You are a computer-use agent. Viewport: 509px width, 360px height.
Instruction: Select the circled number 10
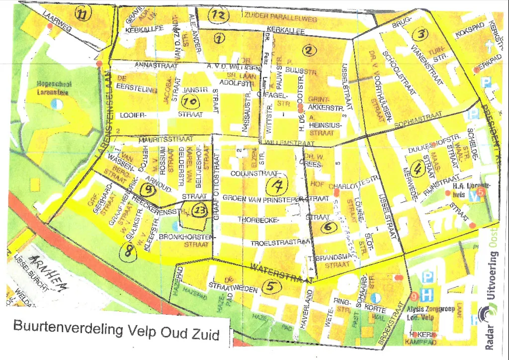point(191,102)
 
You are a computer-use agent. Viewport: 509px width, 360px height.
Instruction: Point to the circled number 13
point(199,210)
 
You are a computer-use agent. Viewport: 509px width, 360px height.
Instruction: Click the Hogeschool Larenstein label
point(54,88)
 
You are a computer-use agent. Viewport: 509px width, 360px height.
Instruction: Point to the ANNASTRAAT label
point(152,65)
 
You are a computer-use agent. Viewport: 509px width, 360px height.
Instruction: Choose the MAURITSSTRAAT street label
point(159,140)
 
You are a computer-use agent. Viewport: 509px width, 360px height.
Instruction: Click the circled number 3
point(422,34)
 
